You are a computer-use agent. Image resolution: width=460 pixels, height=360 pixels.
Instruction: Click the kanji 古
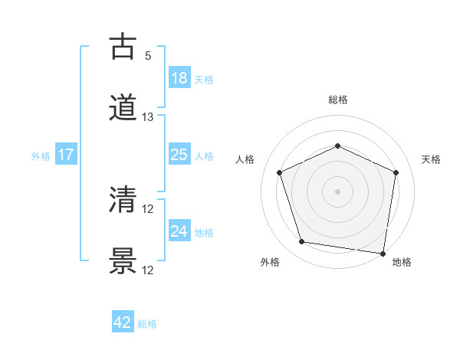(x=123, y=47)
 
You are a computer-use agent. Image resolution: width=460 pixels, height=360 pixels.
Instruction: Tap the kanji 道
(x=123, y=109)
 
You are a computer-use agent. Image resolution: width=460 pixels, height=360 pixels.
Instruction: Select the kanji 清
(x=123, y=201)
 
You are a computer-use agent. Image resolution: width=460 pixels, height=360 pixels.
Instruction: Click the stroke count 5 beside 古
(x=148, y=55)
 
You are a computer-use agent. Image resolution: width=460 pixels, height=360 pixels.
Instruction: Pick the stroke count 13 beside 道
(x=148, y=117)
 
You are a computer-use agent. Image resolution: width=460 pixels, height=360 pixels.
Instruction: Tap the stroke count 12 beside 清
(x=148, y=209)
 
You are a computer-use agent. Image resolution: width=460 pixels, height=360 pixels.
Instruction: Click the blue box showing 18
(x=179, y=78)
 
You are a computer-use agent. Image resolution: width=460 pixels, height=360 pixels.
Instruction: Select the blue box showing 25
(x=179, y=155)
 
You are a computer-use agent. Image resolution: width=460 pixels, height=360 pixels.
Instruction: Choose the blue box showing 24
(x=179, y=231)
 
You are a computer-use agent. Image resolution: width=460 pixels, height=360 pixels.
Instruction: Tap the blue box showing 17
(x=66, y=155)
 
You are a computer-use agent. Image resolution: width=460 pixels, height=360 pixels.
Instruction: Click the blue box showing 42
(x=123, y=322)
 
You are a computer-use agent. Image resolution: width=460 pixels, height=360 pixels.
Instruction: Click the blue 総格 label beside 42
(x=147, y=324)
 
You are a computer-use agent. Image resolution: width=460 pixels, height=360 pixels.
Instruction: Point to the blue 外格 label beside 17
(x=41, y=156)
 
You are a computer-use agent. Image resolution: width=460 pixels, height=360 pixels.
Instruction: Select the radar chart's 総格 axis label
(x=338, y=100)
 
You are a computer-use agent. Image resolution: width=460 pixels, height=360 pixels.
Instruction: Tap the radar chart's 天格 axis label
(x=432, y=159)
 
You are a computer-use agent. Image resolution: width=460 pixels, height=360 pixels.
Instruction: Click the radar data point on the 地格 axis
(x=383, y=253)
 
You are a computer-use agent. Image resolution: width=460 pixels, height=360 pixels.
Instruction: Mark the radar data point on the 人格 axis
(x=279, y=172)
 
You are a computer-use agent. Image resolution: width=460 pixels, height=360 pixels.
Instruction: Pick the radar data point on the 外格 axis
(x=302, y=242)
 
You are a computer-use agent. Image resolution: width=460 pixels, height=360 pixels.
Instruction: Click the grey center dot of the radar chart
(x=338, y=191)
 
